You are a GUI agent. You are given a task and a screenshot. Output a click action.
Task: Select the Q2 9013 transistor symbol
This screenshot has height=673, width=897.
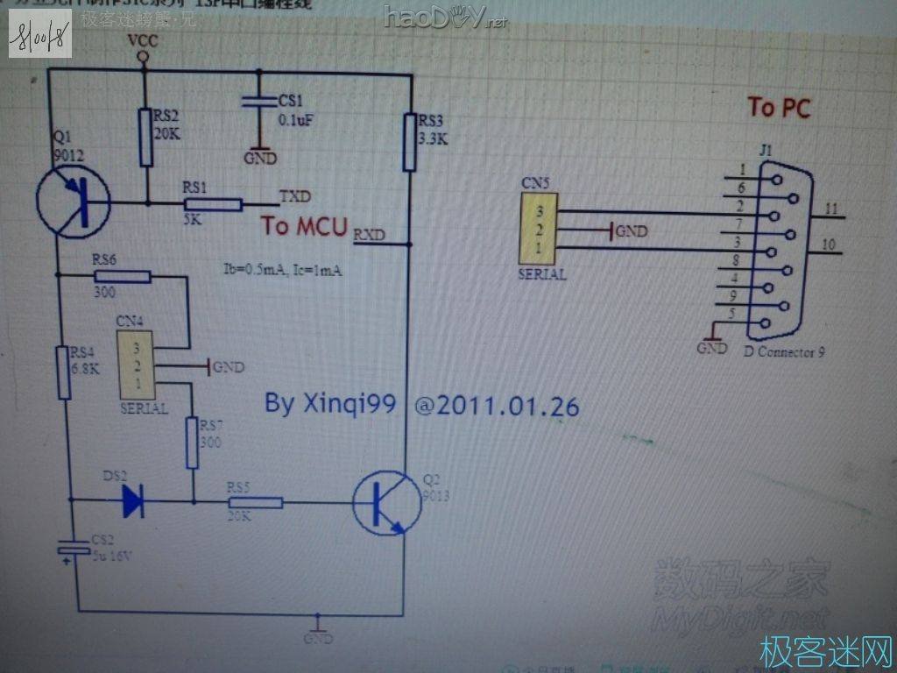385,503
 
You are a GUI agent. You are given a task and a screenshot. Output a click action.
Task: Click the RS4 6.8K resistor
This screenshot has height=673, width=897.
64,372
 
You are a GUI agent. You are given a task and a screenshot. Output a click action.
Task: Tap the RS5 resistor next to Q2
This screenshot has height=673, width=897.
255,503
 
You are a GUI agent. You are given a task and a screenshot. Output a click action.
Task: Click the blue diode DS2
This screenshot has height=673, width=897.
132,500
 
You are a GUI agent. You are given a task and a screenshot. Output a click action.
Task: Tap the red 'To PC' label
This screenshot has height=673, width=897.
779,108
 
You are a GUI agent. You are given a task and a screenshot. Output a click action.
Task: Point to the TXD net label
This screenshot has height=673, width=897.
294,195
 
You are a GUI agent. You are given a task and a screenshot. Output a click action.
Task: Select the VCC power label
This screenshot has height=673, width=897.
142,40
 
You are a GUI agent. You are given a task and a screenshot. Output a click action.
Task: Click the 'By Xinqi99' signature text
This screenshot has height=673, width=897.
330,404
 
